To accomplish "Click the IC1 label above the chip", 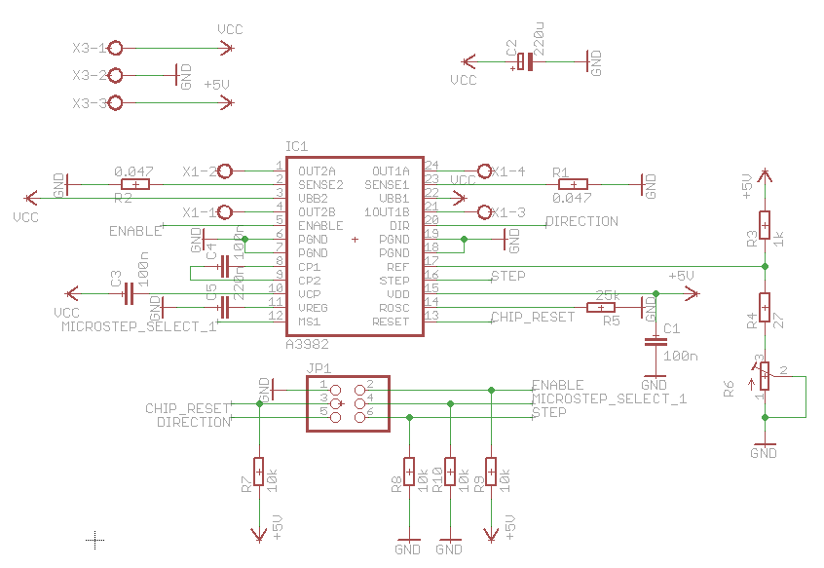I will click(297, 145).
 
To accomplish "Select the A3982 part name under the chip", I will click(308, 345).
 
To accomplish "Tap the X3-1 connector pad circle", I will click(116, 48).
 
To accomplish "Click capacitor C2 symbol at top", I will click(525, 62).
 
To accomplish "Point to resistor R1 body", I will click(574, 184).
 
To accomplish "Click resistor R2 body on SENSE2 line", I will click(135, 184).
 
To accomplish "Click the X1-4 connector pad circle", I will click(484, 170).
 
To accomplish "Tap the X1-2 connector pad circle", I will click(225, 171).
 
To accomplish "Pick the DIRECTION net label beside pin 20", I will click(581, 221).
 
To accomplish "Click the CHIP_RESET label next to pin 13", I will click(532, 317).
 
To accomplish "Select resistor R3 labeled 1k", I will click(766, 226).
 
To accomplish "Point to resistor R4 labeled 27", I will click(766, 308).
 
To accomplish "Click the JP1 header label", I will click(318, 368).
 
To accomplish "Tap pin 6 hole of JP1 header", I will click(359, 417).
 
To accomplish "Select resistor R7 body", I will click(259, 472).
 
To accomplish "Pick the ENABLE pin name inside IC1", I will click(320, 225).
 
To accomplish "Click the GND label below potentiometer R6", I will click(765, 453).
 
